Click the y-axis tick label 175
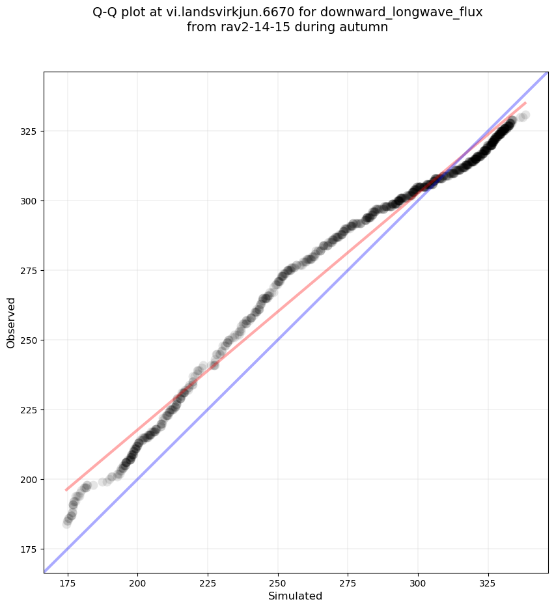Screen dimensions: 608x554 (29, 549)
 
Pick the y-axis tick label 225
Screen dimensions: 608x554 (29, 410)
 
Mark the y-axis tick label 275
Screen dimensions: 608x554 (29, 271)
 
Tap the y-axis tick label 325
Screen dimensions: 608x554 (29, 131)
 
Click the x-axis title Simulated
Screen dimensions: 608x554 (296, 596)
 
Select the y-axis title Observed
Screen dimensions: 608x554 (11, 322)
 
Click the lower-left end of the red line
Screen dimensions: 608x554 (66, 490)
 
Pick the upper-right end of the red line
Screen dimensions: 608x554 (525, 103)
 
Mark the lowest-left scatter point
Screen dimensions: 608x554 (67, 523)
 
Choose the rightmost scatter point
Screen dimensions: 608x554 (525, 115)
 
